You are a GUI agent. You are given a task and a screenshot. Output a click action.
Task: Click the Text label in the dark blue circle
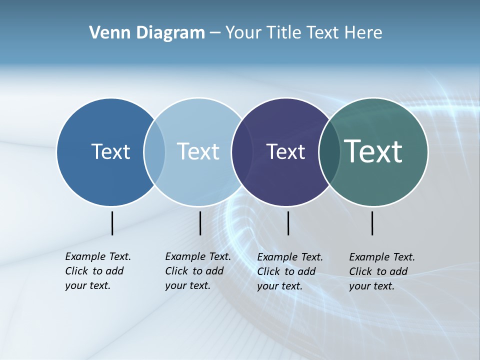(x=110, y=151)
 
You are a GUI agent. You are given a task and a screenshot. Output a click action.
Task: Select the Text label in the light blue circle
(x=198, y=151)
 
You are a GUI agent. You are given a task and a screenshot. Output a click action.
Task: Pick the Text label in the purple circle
(x=285, y=151)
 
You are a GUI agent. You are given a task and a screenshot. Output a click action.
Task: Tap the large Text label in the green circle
(x=373, y=151)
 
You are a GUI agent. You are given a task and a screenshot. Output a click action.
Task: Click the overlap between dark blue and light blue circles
(x=154, y=151)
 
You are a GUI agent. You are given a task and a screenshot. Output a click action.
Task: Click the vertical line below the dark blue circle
(x=112, y=223)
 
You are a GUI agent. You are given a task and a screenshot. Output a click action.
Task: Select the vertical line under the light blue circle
(x=200, y=223)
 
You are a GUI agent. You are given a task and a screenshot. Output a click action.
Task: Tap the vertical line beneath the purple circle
(x=288, y=223)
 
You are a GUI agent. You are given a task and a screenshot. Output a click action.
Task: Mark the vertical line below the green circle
(x=372, y=223)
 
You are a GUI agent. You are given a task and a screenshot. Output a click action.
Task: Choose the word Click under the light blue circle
(x=177, y=271)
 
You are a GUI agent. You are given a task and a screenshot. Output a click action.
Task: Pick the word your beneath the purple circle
(x=267, y=286)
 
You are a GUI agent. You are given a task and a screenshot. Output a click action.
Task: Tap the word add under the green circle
(x=398, y=271)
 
